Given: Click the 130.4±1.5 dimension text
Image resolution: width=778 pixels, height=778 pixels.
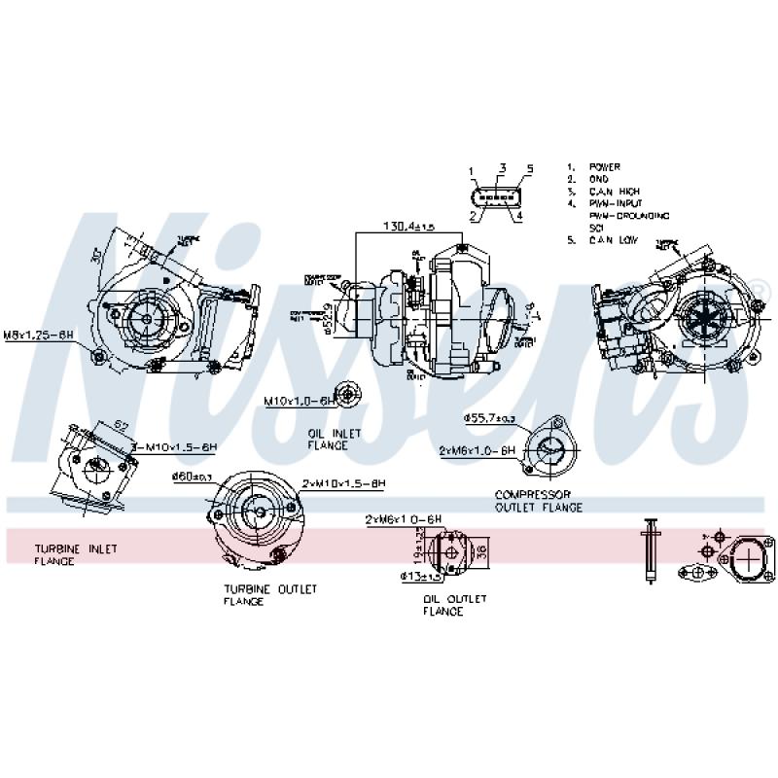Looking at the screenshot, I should click(407, 226).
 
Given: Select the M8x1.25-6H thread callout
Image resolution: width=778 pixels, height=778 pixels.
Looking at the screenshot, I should click(39, 334).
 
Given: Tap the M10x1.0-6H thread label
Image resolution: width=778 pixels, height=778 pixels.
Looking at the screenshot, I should click(299, 400).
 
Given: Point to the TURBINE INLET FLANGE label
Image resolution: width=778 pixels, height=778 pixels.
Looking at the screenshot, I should click(75, 554).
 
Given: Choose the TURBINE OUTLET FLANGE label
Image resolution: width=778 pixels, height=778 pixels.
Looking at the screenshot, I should click(270, 595).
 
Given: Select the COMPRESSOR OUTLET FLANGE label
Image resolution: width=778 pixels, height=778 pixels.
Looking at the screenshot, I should click(539, 501).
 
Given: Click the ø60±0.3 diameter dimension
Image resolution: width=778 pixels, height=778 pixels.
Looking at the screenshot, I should click(192, 477).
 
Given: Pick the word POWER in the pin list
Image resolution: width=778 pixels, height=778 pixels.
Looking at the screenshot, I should click(604, 167).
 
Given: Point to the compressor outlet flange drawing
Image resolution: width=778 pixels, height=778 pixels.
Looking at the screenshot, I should click(549, 449).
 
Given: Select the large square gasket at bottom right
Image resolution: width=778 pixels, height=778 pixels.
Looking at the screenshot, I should click(748, 558).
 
